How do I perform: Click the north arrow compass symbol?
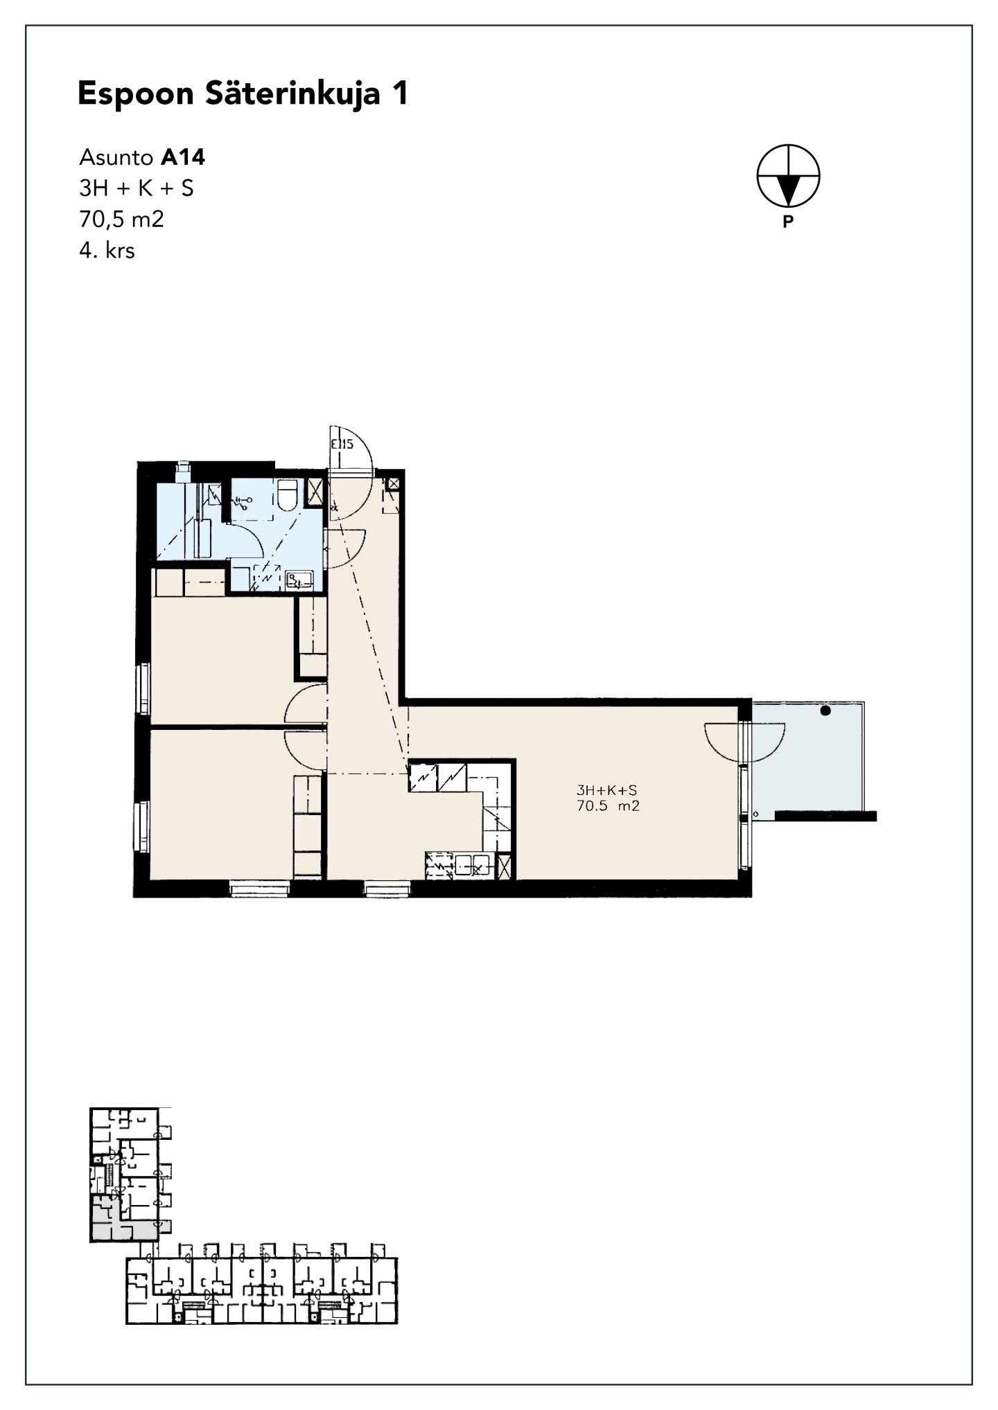[x=788, y=176]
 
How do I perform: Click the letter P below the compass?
[x=787, y=222]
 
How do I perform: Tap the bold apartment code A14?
[x=183, y=158]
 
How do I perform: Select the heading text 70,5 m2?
[x=122, y=219]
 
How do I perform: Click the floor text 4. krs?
[x=107, y=250]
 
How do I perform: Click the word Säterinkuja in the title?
[x=292, y=93]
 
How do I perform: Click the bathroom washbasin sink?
[x=300, y=580]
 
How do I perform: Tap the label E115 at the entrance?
[x=342, y=445]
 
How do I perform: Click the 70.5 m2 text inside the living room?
[x=608, y=805]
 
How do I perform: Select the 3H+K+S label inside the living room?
[x=606, y=789]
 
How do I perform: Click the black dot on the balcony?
[x=825, y=711]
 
